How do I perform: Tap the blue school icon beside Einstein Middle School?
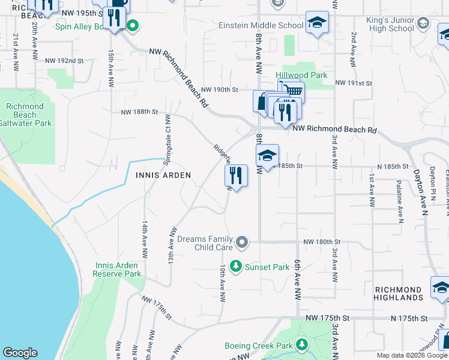coord(317,23)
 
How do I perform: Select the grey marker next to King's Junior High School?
coord(423,23)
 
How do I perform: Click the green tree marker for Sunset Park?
coord(236,266)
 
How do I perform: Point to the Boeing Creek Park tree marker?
coord(303,345)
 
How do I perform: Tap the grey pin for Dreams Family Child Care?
coord(242,242)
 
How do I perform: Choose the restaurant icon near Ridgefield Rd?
coord(236,176)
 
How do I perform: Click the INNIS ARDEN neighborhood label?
coord(163,175)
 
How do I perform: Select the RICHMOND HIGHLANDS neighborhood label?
coord(399,293)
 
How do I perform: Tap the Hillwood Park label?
coord(301,76)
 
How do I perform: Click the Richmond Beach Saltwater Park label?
coord(25,115)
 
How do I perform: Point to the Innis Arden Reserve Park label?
coord(116,269)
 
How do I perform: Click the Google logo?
coord(20,353)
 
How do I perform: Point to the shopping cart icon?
coord(292,91)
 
